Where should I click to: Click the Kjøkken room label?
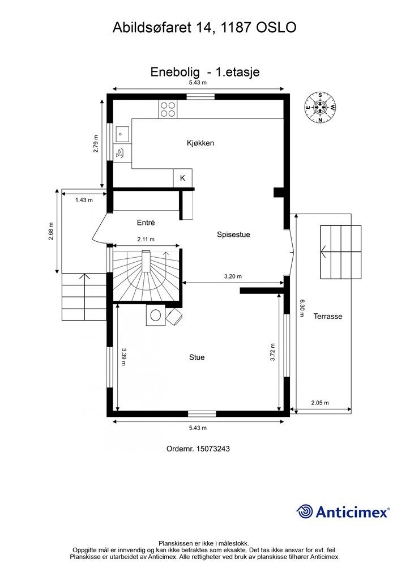point(200,143)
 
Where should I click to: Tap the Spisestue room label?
point(233,234)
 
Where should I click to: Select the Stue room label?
point(197,357)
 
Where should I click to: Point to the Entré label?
point(146,223)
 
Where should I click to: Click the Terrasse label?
point(328,317)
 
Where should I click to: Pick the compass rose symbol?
point(320,108)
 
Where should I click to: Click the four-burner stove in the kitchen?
point(167,108)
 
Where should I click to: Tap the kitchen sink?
point(122,134)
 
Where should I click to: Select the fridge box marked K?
point(182,178)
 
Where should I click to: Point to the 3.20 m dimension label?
point(232,276)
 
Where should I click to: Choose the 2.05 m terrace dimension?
point(320,403)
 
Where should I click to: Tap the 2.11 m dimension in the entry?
point(146,239)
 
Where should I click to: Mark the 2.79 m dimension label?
point(96,144)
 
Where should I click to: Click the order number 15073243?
point(198,449)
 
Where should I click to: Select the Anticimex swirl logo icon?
point(305,511)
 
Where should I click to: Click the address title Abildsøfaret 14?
point(164,27)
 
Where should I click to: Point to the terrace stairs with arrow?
point(340,252)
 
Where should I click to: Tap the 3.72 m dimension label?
point(272,352)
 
